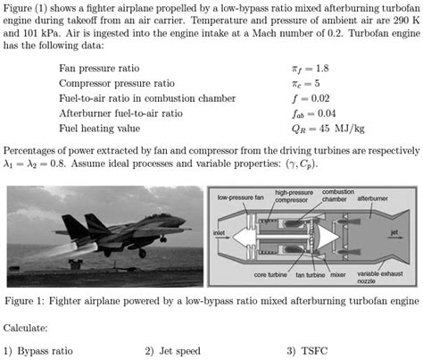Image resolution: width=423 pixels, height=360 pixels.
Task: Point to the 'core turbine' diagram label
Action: (x=270, y=275)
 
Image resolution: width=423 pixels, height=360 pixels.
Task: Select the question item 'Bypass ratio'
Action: (x=46, y=350)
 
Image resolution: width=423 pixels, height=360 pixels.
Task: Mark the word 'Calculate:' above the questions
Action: (x=27, y=327)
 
